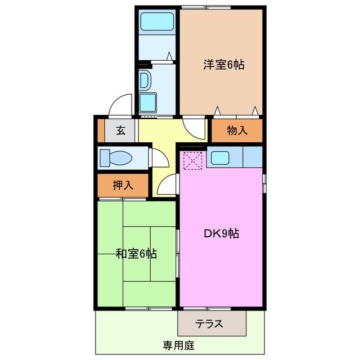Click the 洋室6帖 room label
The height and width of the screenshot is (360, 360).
(x=224, y=65)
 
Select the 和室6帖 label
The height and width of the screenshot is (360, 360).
(x=136, y=254)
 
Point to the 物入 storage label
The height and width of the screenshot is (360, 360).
(x=237, y=130)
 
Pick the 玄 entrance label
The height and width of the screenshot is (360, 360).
(x=120, y=131)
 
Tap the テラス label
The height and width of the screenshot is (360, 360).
(x=210, y=324)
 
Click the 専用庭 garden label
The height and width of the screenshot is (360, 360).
(x=179, y=345)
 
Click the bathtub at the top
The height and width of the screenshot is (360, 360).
(x=157, y=22)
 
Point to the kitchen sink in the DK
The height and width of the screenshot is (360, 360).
(x=219, y=157)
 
